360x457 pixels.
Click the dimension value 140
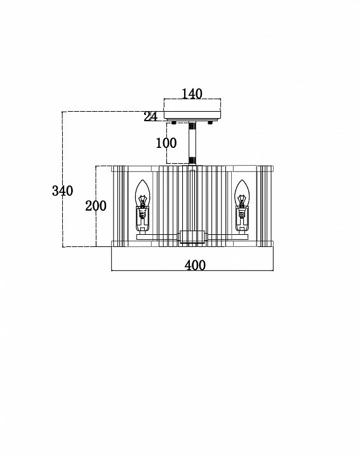(x=192, y=94)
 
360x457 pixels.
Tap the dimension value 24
(x=150, y=117)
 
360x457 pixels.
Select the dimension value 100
(x=166, y=143)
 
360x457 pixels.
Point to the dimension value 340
(x=62, y=190)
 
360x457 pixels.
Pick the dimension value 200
(x=96, y=206)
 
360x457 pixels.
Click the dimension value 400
(x=195, y=265)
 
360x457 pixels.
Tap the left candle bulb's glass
(x=143, y=193)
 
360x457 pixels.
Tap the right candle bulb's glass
(x=242, y=193)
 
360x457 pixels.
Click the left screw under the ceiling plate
(x=174, y=123)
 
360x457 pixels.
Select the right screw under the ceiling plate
(x=210, y=123)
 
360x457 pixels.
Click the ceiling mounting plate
(x=192, y=116)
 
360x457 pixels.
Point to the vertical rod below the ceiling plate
(x=192, y=143)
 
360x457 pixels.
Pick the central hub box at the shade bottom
(x=192, y=237)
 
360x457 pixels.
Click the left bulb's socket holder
(x=143, y=219)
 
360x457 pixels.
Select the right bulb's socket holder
(x=242, y=219)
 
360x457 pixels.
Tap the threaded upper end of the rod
(x=192, y=126)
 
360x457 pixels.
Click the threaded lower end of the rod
(x=192, y=161)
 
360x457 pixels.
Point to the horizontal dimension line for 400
(x=192, y=271)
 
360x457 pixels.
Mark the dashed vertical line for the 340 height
(x=63, y=179)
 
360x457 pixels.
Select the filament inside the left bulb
(x=143, y=201)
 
